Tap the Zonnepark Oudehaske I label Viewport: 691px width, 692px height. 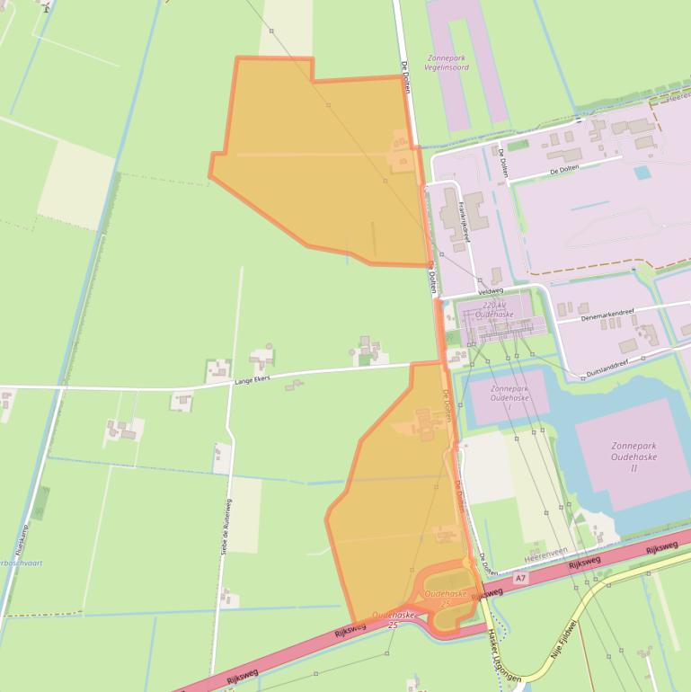point(509,397)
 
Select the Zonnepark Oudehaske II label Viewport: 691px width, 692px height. point(634,457)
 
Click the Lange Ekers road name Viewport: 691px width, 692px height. point(253,379)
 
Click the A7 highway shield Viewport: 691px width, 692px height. point(520,579)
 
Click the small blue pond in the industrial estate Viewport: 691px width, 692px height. point(642,172)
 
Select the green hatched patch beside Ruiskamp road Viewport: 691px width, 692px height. point(40,503)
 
